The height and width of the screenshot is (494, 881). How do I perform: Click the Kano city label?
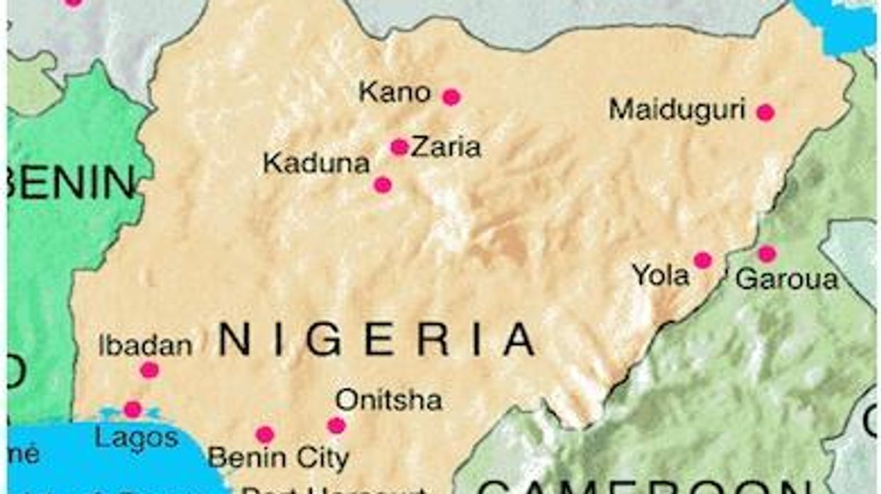point(394,93)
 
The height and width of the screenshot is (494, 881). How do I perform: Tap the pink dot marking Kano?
point(451,98)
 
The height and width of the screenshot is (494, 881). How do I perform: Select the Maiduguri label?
point(677,110)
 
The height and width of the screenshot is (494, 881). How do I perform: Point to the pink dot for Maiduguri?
point(765,112)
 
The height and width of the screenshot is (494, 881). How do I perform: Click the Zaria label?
point(446,147)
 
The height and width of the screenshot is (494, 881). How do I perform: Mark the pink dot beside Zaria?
point(399,147)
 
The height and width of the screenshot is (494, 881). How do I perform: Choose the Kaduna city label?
point(316,164)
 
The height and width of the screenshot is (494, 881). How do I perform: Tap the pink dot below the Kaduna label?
point(382,185)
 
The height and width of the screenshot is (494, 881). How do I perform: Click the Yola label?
point(660,276)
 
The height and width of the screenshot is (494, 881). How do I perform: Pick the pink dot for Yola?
point(702,260)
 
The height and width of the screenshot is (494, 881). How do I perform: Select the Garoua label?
point(786,279)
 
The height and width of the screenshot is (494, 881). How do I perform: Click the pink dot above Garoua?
point(766,254)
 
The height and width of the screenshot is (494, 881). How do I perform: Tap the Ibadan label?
point(145,346)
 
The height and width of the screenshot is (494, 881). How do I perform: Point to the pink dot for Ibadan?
point(149,370)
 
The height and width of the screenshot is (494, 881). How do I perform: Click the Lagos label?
point(137,437)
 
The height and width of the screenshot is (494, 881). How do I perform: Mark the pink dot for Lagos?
point(132,409)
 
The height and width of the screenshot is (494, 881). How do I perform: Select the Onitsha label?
point(388,401)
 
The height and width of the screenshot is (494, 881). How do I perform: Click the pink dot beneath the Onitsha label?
point(336,425)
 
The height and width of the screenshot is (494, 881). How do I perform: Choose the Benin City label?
point(278,458)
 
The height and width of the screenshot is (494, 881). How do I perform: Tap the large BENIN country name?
point(71,182)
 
